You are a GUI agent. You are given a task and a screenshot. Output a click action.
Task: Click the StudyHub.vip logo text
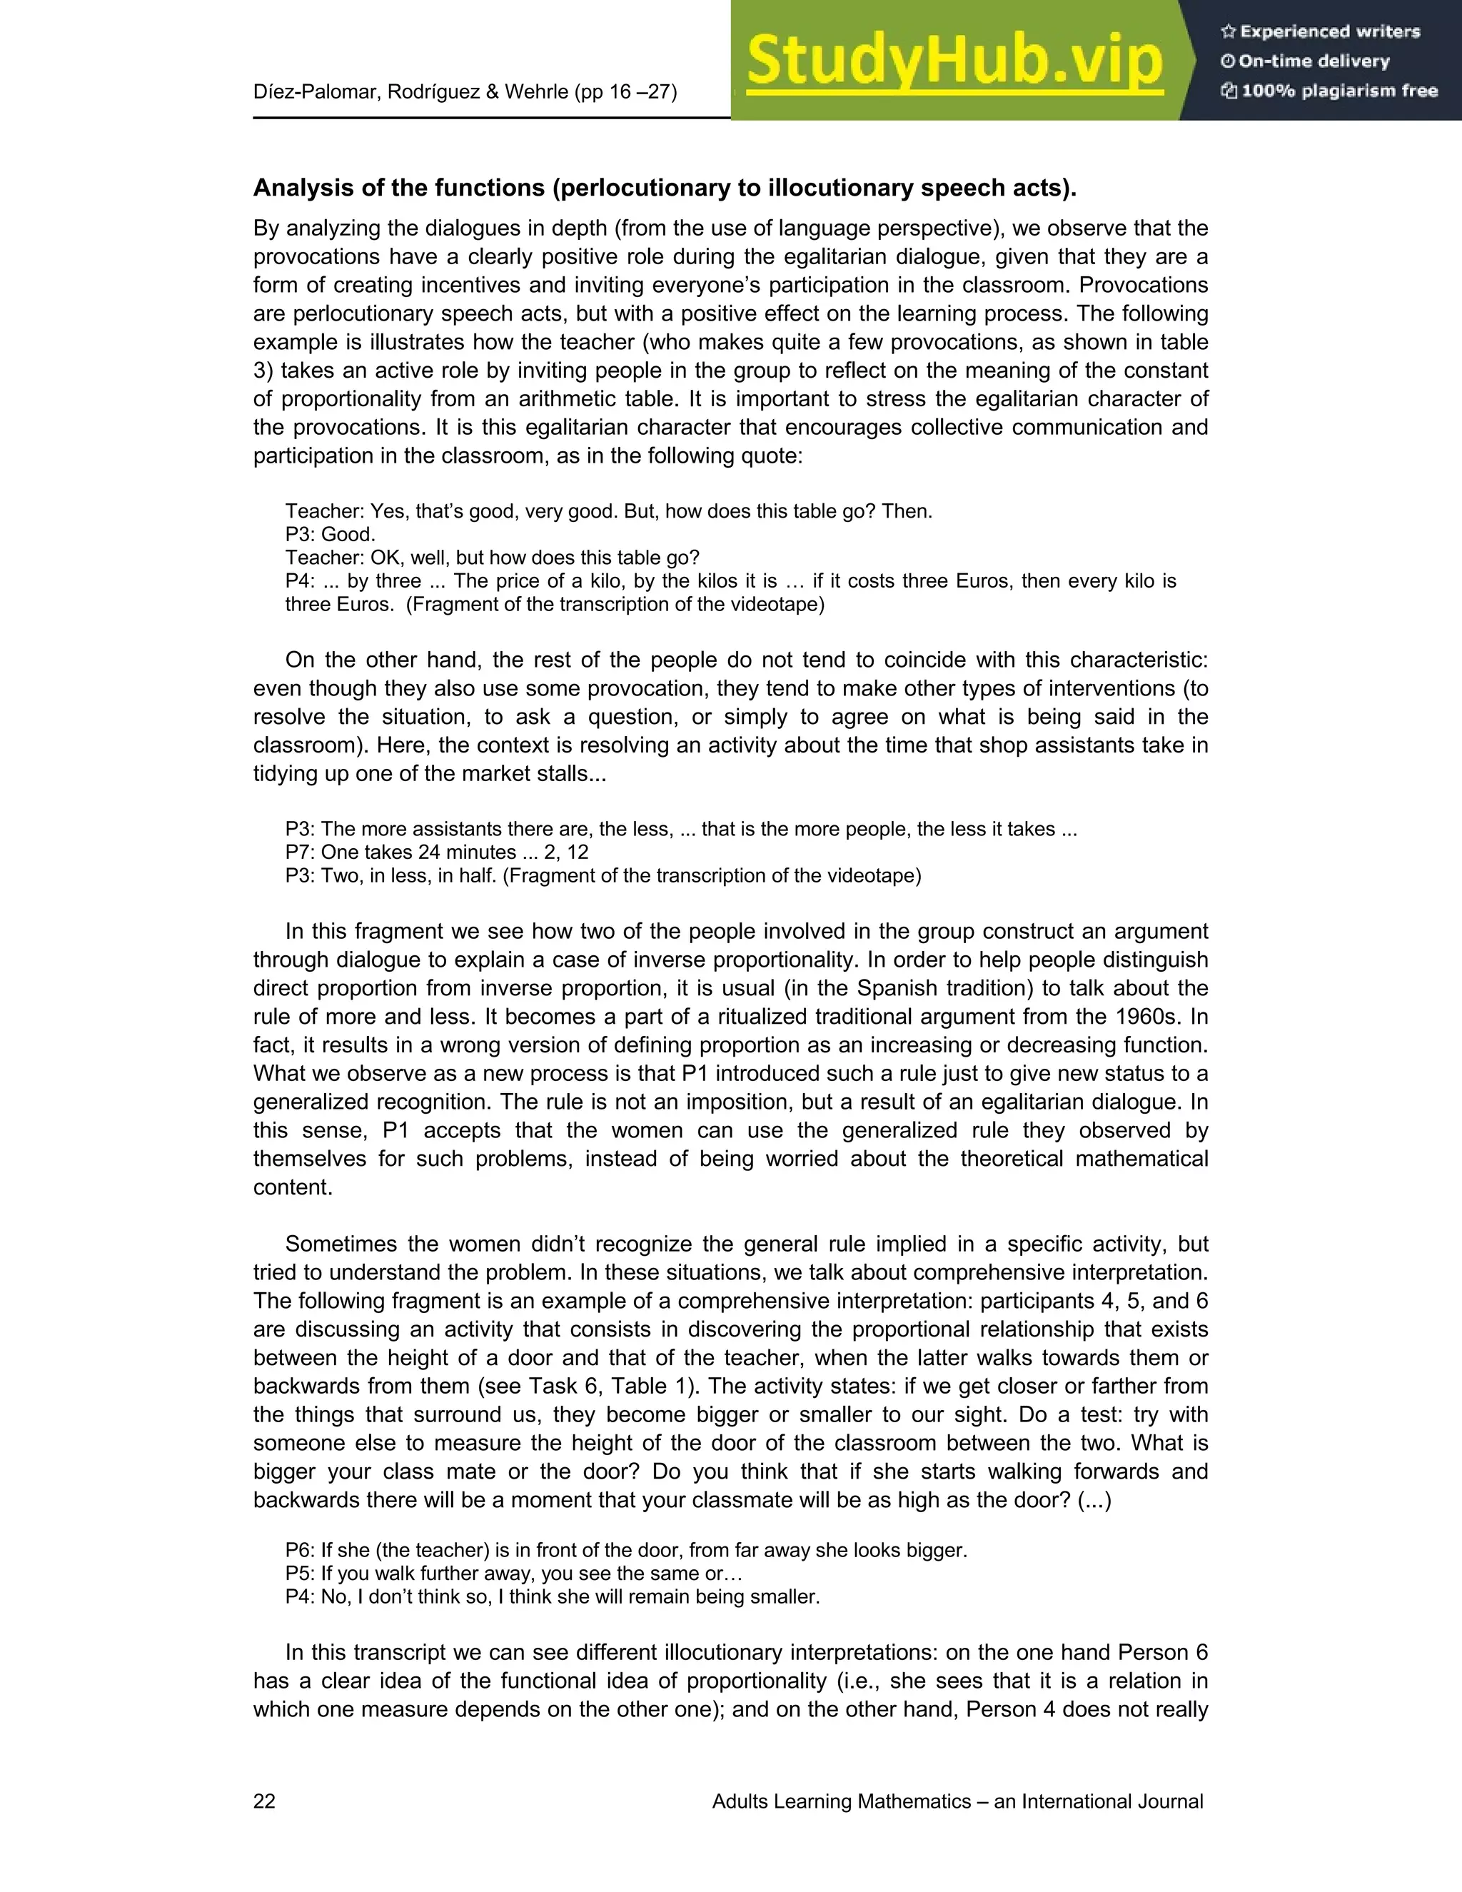click(954, 61)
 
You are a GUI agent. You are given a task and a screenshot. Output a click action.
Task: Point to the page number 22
click(264, 1801)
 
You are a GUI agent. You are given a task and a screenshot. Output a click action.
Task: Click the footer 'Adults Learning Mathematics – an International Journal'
click(957, 1801)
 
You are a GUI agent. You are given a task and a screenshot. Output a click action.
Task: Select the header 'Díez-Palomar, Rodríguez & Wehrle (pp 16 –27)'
click(465, 91)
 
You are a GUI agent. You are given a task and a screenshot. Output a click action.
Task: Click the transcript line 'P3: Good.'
click(330, 535)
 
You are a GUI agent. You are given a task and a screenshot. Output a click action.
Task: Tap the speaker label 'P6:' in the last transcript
click(300, 1550)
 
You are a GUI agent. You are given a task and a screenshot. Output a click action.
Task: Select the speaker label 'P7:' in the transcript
click(300, 852)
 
